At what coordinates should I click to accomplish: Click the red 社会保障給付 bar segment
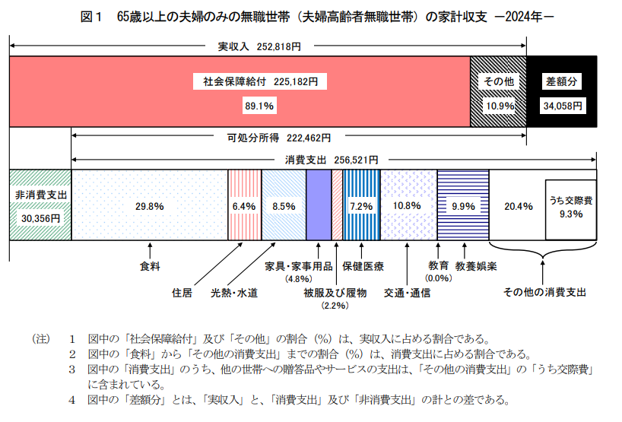coord(240,91)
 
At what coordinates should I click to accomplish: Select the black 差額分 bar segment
coord(562,91)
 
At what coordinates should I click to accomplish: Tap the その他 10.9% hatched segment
coord(499,91)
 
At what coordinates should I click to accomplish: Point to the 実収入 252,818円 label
coord(259,46)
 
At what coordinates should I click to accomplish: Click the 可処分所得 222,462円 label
coord(279,138)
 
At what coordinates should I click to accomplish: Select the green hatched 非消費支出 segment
coord(40,205)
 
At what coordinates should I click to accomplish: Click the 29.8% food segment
coord(150,205)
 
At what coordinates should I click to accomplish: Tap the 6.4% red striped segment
coord(244,205)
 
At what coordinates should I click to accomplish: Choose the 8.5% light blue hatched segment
coord(283,205)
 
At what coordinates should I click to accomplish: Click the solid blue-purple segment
coord(318,205)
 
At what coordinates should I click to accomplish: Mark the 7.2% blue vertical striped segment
coord(360,205)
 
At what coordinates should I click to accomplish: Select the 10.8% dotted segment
coord(408,205)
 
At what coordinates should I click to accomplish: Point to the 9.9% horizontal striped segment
coord(462,205)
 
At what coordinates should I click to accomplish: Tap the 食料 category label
coord(150,267)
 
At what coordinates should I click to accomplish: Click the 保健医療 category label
coord(363,267)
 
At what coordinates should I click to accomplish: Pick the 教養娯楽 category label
coord(477,267)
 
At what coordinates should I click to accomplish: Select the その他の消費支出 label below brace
coord(544,292)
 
